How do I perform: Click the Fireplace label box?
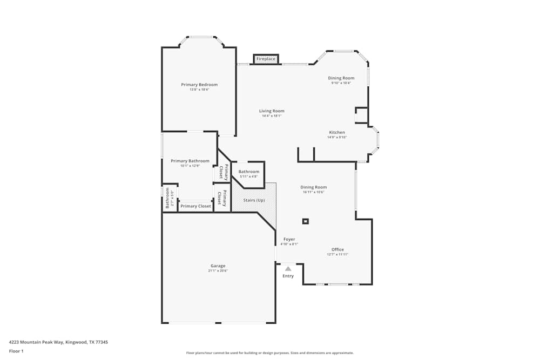point(266,59)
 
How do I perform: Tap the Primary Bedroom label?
point(199,85)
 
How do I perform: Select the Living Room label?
point(272,111)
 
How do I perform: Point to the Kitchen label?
point(337,133)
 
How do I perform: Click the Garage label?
point(218,266)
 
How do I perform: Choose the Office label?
point(337,249)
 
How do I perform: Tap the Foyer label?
point(289,239)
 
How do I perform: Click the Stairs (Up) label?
point(254,200)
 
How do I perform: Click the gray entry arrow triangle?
point(288,268)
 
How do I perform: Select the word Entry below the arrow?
point(288,276)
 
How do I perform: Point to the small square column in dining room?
point(306,221)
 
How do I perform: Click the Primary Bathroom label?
point(190,161)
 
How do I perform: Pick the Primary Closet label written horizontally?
point(196,206)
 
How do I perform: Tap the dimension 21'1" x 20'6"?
point(218,271)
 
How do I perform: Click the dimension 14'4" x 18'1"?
point(272,116)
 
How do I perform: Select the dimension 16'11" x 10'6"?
point(314,192)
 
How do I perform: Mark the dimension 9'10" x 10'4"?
point(341,83)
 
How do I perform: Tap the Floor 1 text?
point(16,351)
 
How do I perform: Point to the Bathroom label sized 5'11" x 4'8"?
point(249,172)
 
